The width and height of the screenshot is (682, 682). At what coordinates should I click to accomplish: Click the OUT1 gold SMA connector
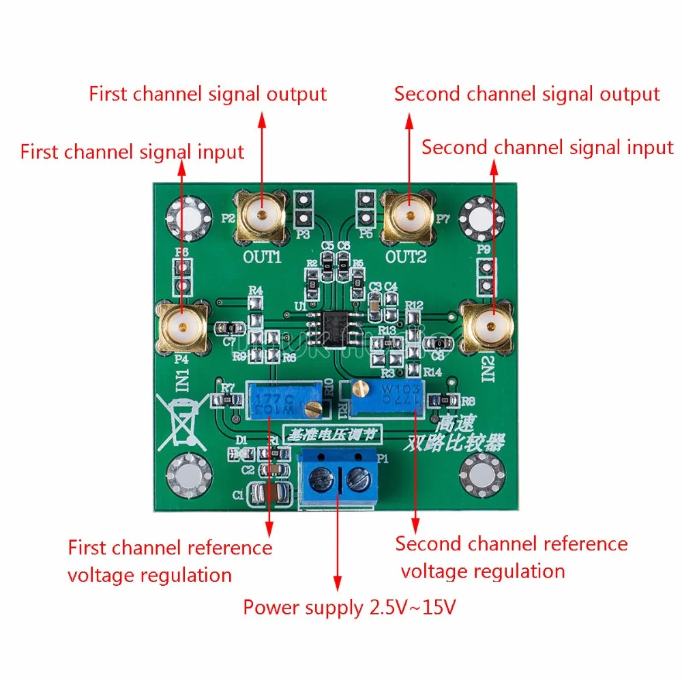pyautogui.click(x=261, y=216)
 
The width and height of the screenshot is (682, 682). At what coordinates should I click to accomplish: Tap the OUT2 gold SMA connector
pyautogui.click(x=409, y=216)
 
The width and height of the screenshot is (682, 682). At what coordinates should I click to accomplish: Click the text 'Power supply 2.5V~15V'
pyautogui.click(x=350, y=606)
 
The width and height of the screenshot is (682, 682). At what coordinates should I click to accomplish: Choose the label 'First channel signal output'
pyautogui.click(x=208, y=94)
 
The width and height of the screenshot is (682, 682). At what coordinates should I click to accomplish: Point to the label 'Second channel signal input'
pyautogui.click(x=547, y=147)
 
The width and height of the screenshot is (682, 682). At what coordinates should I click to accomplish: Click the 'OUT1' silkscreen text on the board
pyautogui.click(x=263, y=257)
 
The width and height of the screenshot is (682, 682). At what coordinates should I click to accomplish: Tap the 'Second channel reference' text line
pyautogui.click(x=512, y=544)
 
